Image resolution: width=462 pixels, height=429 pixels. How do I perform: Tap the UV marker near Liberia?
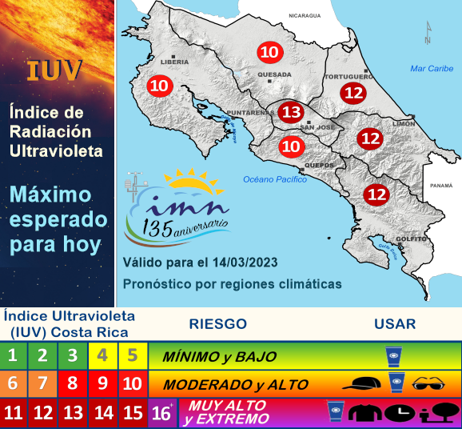click(x=159, y=85)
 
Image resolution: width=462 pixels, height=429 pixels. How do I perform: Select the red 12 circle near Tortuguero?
click(x=353, y=93)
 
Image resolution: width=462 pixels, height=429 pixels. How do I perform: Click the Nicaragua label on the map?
click(x=305, y=15)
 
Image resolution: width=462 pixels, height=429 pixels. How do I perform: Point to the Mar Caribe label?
click(x=432, y=69)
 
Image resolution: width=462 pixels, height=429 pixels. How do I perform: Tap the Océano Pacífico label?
click(x=276, y=179)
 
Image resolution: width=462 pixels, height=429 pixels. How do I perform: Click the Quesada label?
click(x=273, y=75)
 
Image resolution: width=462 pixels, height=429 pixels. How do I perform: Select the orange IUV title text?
click(x=54, y=70)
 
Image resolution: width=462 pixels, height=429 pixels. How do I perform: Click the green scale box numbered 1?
click(x=14, y=355)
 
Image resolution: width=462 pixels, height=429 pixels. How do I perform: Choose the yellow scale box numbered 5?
click(x=132, y=355)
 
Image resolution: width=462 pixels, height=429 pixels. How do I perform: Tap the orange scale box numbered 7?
click(x=43, y=384)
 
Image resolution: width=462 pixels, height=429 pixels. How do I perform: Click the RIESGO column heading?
click(x=217, y=324)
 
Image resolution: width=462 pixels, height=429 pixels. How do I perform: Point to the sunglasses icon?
click(x=432, y=384)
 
